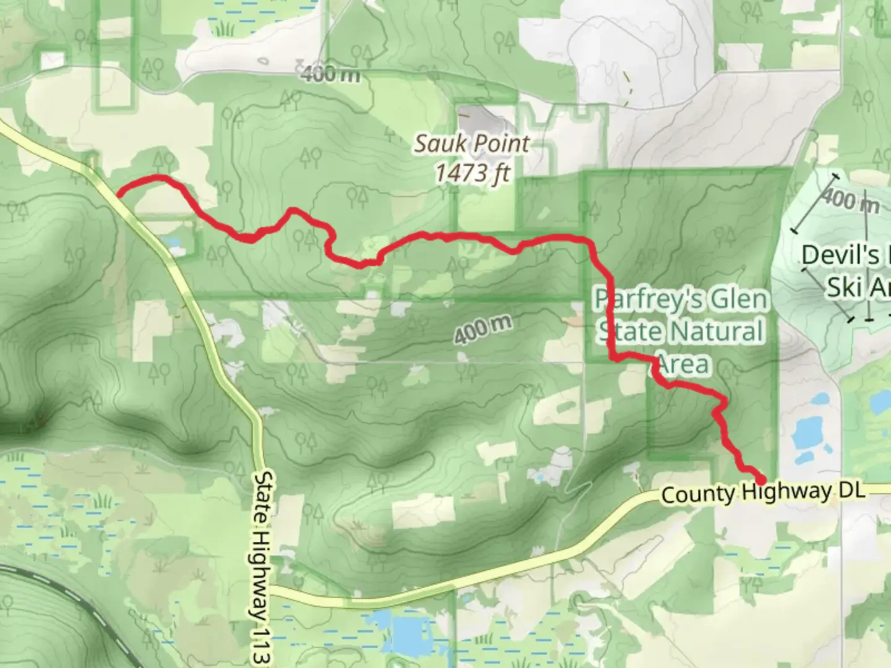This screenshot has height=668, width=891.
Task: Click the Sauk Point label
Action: (471, 144)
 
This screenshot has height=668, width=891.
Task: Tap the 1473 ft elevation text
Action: (473, 173)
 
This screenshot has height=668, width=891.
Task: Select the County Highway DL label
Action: (762, 492)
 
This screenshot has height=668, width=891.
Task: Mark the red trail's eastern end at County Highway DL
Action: (760, 479)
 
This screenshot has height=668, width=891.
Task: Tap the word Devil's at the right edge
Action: (840, 255)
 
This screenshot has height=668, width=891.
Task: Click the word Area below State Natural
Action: (682, 364)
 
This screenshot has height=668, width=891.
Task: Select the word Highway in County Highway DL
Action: (786, 492)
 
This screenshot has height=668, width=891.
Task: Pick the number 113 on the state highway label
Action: (263, 647)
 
